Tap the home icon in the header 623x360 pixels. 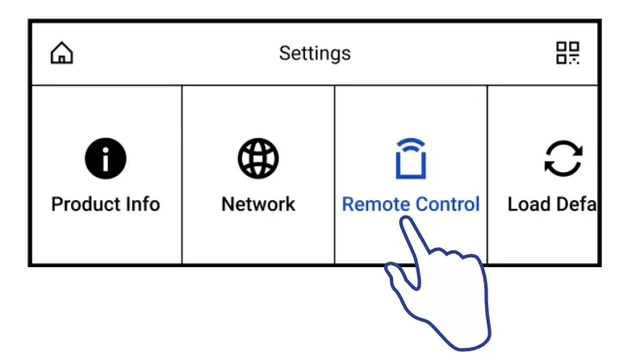[61, 53]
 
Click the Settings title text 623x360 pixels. [315, 53]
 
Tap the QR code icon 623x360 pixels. [568, 53]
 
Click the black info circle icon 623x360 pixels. [106, 158]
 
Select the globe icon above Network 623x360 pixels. [258, 158]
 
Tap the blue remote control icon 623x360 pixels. [411, 160]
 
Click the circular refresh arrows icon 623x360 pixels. [563, 158]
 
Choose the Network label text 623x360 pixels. [258, 203]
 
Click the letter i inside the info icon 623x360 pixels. [106, 158]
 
